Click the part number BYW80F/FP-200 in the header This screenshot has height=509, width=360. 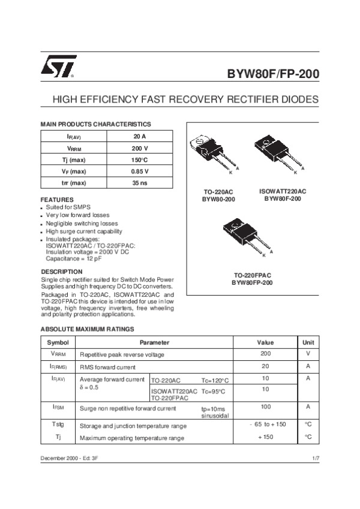(272, 75)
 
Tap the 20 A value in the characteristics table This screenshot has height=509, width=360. (140, 137)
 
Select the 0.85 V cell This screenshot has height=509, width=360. (140, 171)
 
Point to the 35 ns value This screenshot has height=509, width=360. (140, 183)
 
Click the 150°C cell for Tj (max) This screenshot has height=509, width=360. (140, 160)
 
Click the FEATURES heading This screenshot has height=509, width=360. (57, 200)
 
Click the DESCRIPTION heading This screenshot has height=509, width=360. (61, 272)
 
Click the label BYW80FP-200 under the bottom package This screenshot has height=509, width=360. (252, 282)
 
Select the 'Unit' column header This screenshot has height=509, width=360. (308, 342)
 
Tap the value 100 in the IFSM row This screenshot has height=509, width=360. (266, 406)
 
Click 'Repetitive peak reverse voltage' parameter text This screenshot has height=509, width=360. (122, 354)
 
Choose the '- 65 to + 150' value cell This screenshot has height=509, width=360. (268, 424)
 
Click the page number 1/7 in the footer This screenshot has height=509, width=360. (316, 458)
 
